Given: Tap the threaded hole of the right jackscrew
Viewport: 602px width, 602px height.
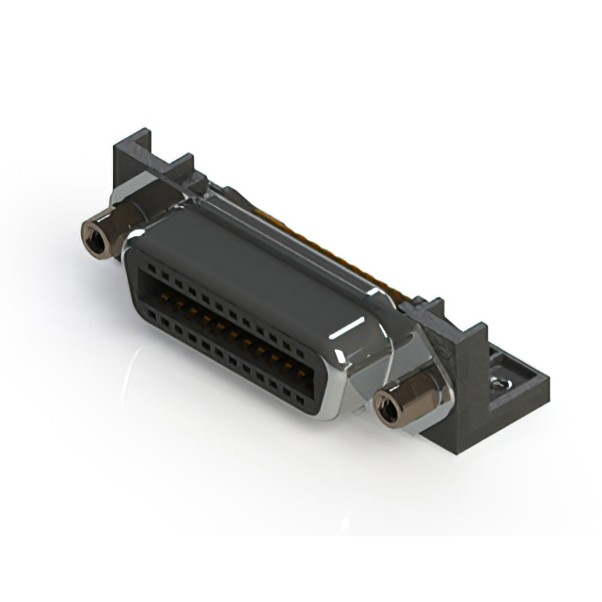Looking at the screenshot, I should pos(388,407).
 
